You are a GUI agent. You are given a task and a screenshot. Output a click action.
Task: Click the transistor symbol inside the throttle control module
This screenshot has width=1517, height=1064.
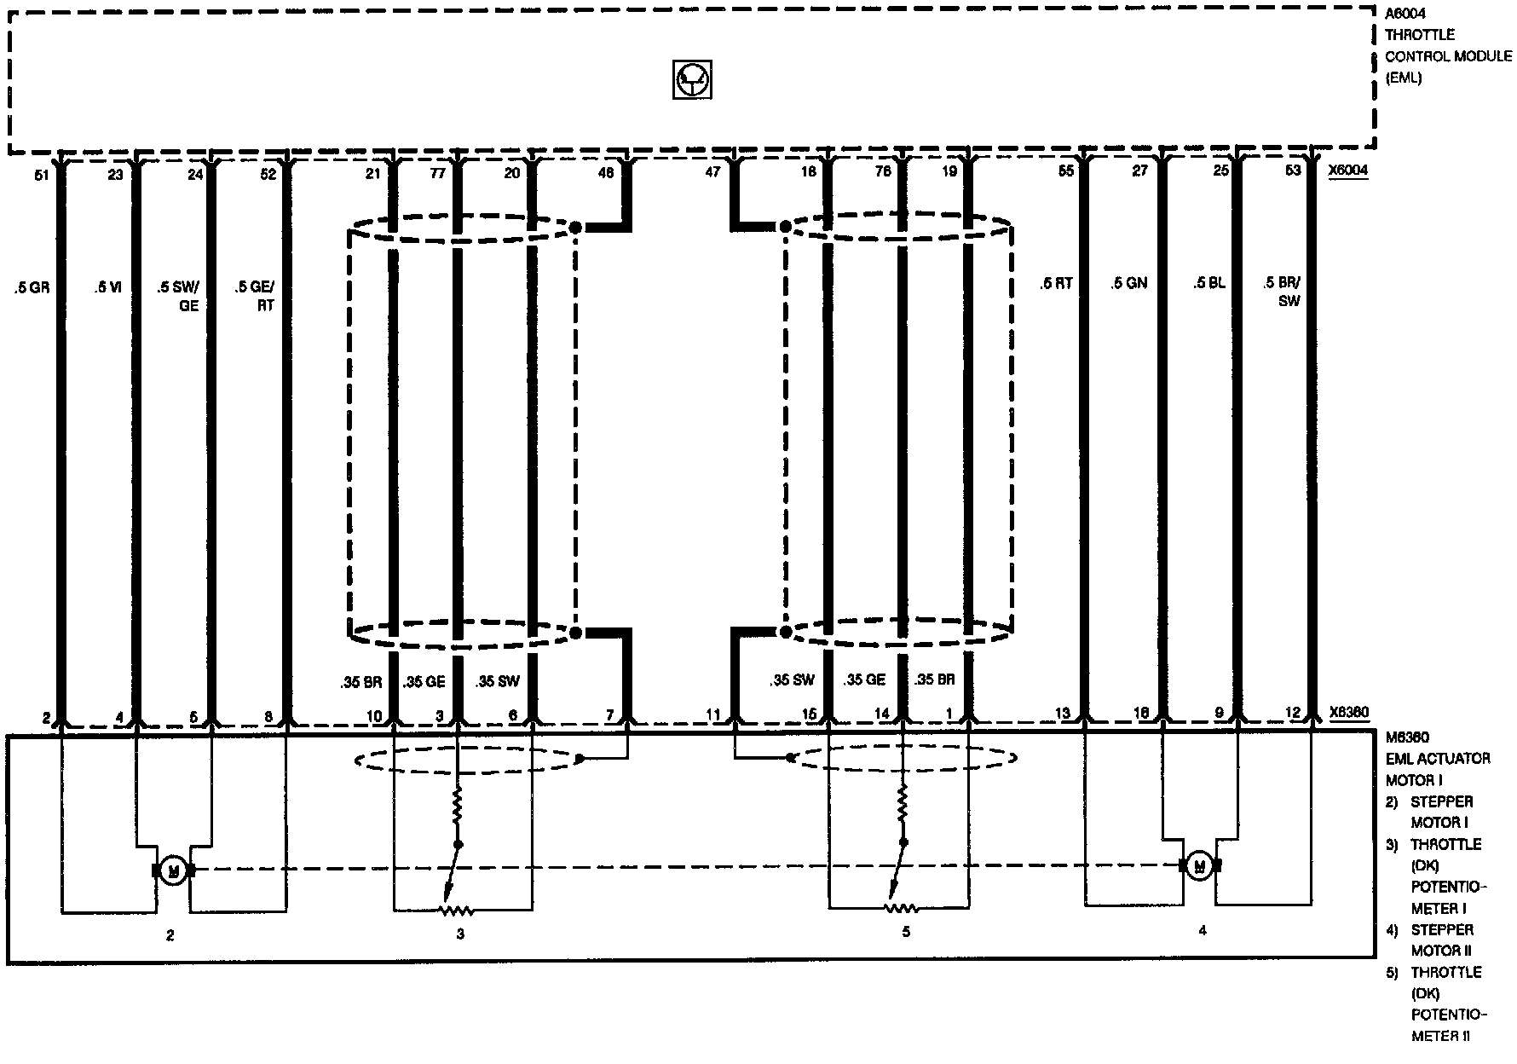click(692, 81)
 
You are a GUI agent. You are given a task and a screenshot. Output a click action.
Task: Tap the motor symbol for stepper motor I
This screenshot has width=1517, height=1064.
click(173, 870)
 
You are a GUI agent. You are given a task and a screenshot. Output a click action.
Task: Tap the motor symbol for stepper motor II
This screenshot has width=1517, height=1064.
click(1200, 866)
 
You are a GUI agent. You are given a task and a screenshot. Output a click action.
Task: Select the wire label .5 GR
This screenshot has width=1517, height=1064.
click(32, 288)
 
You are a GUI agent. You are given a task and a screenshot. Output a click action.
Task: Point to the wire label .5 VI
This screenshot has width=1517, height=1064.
click(108, 288)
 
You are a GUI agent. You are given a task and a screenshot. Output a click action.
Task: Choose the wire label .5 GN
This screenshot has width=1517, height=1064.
click(1129, 284)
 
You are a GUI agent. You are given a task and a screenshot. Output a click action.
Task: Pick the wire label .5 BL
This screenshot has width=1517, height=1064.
click(1208, 284)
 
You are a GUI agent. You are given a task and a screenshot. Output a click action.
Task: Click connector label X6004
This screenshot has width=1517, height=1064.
click(1347, 171)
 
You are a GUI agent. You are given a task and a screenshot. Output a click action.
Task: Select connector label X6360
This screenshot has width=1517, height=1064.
click(1348, 713)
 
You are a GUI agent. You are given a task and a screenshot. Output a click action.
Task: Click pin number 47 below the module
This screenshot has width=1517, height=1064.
click(712, 172)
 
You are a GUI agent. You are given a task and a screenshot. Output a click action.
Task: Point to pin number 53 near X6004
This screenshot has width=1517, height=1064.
click(1292, 171)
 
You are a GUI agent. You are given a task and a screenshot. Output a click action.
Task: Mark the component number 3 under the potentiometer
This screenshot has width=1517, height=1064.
click(460, 934)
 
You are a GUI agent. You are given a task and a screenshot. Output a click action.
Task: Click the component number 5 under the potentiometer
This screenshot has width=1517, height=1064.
click(906, 932)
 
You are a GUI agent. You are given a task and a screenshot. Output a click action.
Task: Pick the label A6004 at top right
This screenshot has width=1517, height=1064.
click(1405, 14)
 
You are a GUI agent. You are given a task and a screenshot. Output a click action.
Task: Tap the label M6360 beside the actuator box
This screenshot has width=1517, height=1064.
click(1406, 737)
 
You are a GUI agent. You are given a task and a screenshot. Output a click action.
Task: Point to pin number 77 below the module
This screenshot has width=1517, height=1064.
click(437, 173)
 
